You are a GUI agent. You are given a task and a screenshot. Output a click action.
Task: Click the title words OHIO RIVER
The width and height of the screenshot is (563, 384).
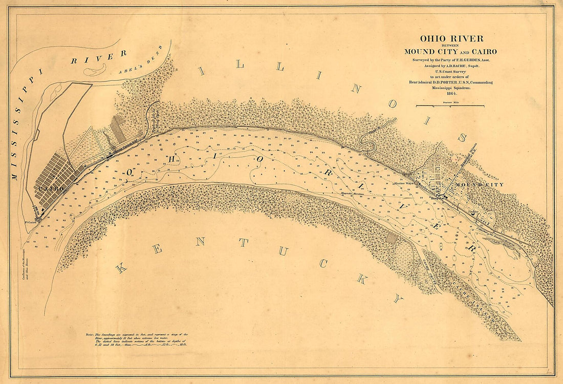click(451, 38)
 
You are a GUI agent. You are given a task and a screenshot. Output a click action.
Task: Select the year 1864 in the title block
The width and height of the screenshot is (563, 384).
click(451, 93)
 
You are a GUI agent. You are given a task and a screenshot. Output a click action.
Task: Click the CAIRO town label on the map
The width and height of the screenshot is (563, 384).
click(50, 189)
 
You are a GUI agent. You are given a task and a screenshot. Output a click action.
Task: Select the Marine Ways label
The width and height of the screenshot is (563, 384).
click(403, 183)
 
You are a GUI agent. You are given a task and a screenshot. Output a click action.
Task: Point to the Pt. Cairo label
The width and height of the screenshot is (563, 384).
click(31, 222)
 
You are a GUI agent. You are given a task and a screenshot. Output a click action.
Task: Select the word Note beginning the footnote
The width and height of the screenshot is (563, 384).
click(91, 334)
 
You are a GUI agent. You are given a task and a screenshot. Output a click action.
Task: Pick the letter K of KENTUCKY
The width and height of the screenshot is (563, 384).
click(121, 268)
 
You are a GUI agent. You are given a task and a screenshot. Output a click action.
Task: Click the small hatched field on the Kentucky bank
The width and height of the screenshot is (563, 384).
click(392, 237)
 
